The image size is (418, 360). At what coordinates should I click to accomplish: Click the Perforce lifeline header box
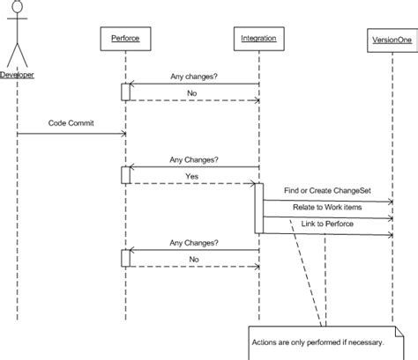click(x=125, y=39)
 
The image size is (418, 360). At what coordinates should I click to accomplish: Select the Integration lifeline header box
click(x=258, y=39)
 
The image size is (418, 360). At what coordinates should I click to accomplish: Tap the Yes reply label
click(x=191, y=175)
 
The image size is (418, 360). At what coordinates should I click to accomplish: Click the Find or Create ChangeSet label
click(x=324, y=190)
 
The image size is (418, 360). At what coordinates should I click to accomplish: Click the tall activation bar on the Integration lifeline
click(x=259, y=208)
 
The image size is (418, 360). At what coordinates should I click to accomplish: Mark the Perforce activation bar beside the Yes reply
click(x=125, y=175)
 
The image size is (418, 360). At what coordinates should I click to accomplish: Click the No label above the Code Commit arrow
click(x=191, y=91)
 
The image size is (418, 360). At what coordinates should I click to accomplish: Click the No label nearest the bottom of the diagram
click(x=191, y=259)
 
